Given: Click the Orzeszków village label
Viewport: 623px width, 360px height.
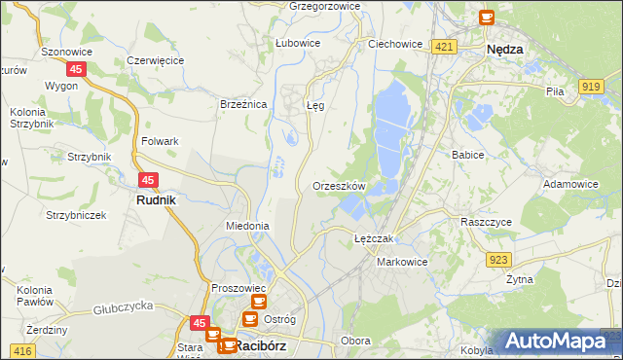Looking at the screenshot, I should (x=339, y=186).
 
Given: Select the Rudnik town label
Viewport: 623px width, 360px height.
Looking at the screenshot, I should (x=155, y=200).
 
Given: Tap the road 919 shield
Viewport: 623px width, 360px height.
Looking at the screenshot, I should (x=590, y=88).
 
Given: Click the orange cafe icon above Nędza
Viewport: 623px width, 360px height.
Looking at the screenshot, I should (x=487, y=17).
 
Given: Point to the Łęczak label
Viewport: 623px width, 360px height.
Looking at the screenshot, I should (x=373, y=238).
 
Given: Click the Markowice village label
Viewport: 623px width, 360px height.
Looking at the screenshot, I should (x=402, y=263).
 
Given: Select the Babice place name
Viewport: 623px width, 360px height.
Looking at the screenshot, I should (x=468, y=155).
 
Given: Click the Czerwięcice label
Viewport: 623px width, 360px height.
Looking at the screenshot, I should (x=156, y=60).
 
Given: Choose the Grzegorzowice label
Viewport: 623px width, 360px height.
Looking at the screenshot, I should (x=325, y=6).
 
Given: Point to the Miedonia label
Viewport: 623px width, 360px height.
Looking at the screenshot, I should (x=247, y=226).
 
